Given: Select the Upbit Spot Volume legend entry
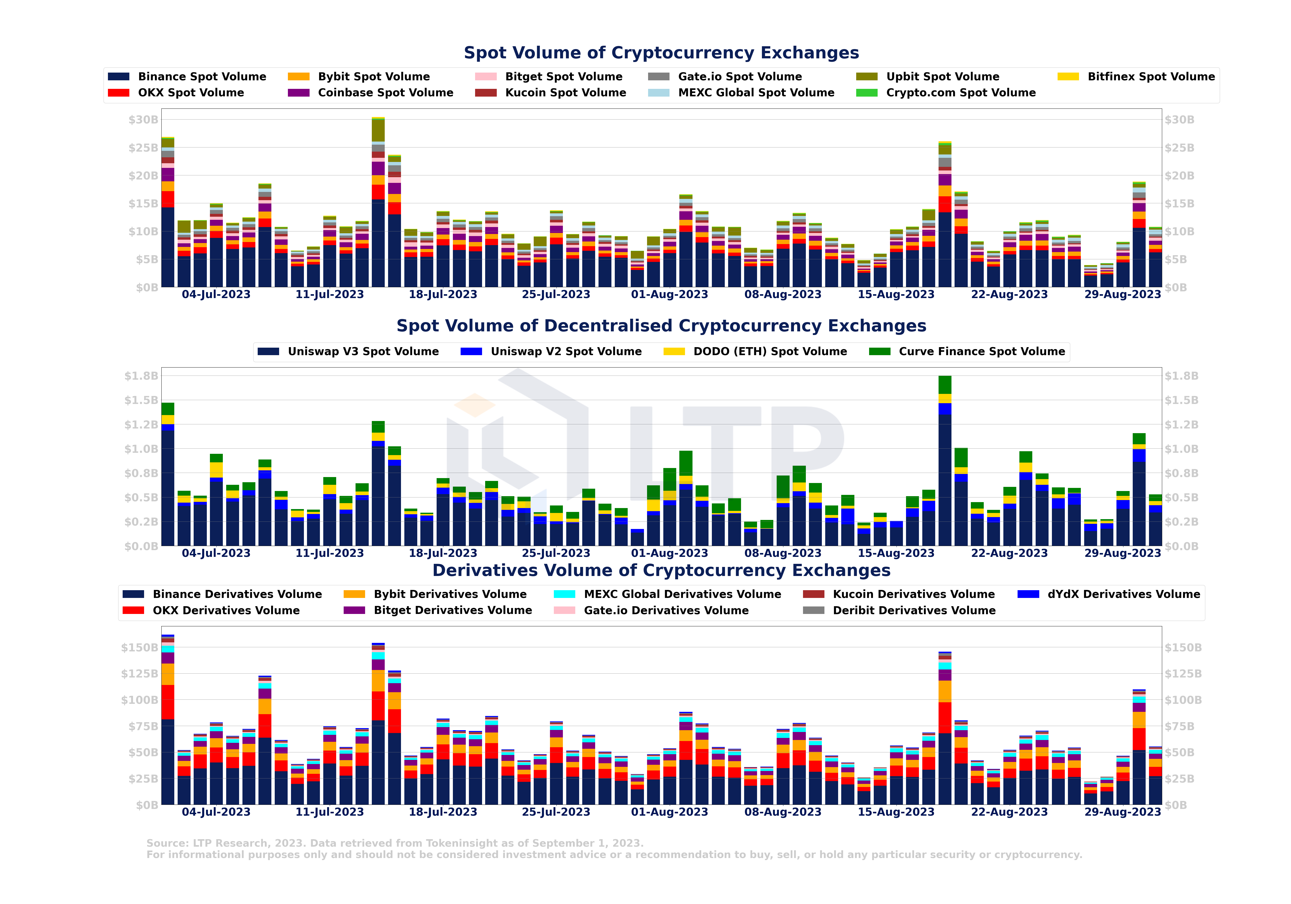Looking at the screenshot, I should click(942, 76).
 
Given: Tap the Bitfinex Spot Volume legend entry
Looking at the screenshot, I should click(1151, 76).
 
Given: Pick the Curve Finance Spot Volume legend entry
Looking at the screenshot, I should click(981, 352).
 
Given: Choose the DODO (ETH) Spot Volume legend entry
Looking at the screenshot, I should click(769, 352).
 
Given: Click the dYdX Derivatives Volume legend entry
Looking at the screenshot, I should click(1123, 594).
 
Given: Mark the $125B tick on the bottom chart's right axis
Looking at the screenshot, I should click(1183, 673).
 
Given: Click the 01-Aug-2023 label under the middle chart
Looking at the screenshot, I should click(669, 553).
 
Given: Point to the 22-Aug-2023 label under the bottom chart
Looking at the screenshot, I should click(1009, 812).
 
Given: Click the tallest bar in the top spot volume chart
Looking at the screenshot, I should click(378, 202).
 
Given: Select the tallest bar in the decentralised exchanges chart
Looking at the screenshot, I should click(945, 461).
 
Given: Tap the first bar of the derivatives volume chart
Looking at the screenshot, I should click(168, 720).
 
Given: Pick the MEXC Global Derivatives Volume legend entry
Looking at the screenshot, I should click(682, 594).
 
